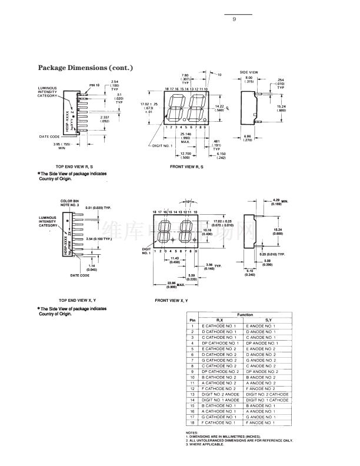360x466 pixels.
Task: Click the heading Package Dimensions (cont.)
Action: [85, 68]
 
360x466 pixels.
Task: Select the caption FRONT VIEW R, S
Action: [186, 167]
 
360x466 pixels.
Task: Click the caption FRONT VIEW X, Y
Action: [175, 300]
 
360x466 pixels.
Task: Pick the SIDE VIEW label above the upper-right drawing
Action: [248, 72]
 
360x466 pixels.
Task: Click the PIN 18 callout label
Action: [94, 86]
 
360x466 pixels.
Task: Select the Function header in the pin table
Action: [245, 315]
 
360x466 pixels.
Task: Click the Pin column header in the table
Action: [192, 320]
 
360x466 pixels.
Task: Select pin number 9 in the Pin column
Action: [192, 371]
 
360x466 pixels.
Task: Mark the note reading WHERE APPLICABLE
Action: [206, 444]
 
